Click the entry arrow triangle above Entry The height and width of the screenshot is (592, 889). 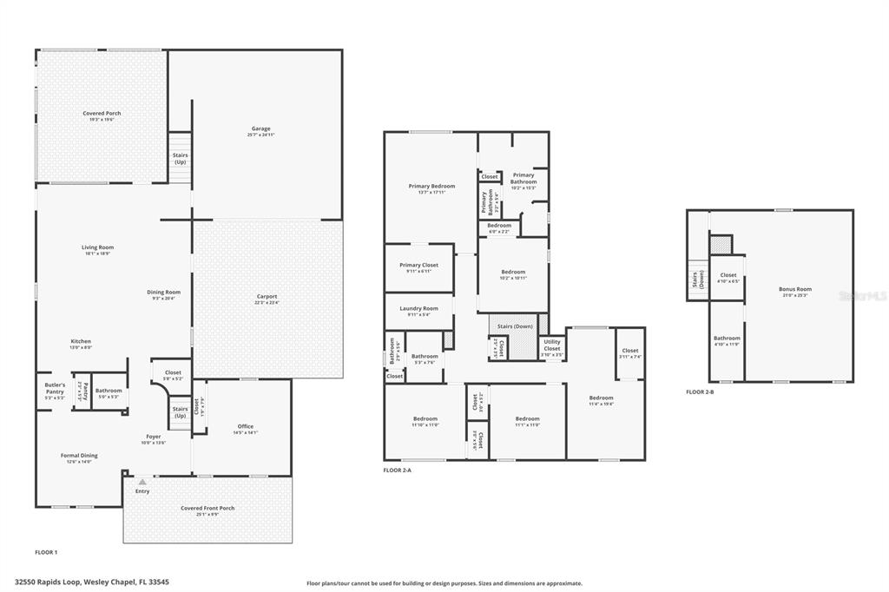pos(142,481)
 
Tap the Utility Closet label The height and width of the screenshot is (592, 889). pos(552,345)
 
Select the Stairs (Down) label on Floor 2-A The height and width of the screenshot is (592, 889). pos(517,326)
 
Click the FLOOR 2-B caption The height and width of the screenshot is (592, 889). pos(700,391)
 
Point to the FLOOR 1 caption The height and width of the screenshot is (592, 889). pos(46,552)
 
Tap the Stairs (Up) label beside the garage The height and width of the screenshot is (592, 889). pos(180,158)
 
